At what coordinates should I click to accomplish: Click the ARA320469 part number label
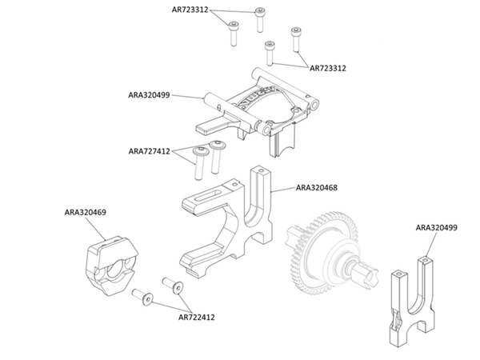coord(85,212)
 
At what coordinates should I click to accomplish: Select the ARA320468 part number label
coord(317,188)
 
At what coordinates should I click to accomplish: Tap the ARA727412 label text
coord(149,151)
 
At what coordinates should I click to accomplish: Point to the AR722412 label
coord(197,317)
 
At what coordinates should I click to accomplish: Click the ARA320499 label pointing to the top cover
coord(149,95)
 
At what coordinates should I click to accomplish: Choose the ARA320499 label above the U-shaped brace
coord(437,228)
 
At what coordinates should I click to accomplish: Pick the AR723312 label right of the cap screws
coord(328,68)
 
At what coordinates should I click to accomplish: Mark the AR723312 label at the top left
coord(190,10)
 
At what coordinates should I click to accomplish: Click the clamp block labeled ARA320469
coord(111,265)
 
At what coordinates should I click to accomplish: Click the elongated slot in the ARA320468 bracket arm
coord(208,195)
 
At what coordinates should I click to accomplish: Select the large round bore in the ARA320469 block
coord(114,268)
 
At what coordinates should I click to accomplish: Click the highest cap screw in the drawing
coord(260,19)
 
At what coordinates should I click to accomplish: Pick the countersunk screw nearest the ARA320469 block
coord(142,296)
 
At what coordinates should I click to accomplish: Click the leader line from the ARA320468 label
coord(283,189)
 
